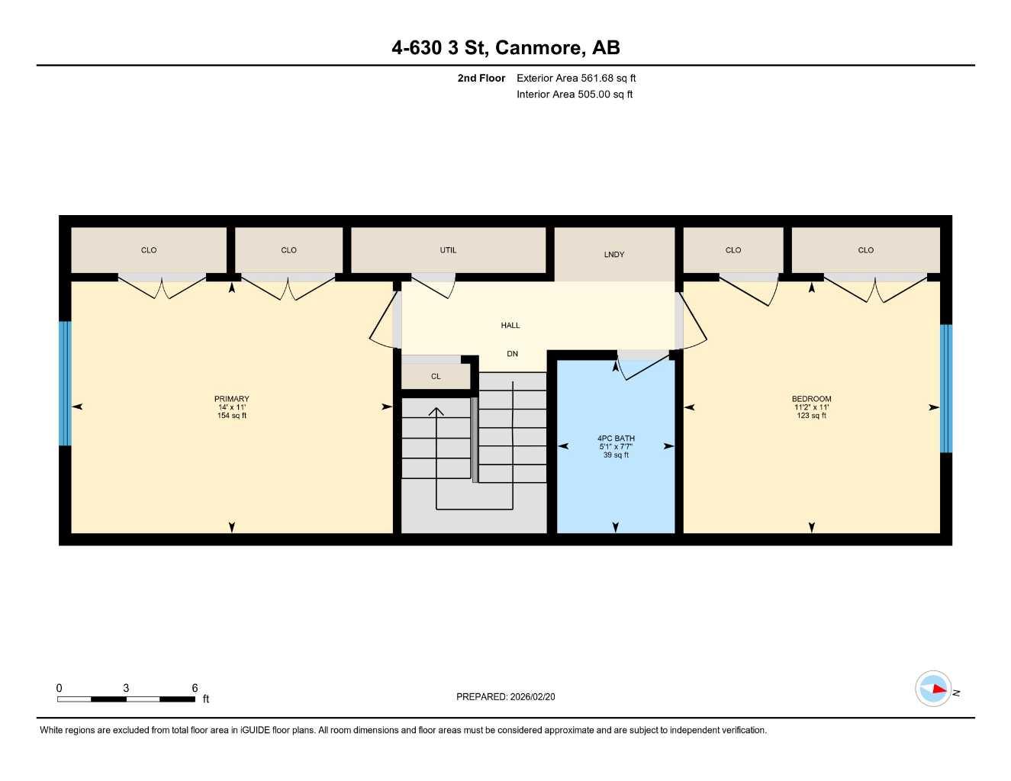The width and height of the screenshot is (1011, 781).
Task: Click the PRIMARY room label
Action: [231, 399]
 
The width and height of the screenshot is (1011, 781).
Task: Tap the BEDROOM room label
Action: [811, 399]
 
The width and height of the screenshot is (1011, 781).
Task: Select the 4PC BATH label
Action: [616, 439]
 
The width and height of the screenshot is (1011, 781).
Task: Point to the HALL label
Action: [510, 326]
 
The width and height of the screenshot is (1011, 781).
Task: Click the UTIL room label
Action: [448, 250]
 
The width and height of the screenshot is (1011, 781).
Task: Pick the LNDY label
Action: [614, 255]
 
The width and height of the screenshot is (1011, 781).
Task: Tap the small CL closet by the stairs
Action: [436, 377]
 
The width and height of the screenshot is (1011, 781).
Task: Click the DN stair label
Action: [513, 354]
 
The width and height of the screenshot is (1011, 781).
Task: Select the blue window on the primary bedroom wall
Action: [65, 383]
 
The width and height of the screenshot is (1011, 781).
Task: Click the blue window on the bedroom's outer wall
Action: [946, 388]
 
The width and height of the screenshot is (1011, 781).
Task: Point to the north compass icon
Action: [934, 689]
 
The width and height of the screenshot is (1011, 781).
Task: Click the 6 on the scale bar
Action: [195, 688]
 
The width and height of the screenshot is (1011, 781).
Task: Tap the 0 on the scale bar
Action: [60, 688]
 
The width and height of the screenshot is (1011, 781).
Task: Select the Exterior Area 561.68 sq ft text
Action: [576, 78]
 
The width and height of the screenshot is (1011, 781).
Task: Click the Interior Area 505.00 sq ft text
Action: [575, 95]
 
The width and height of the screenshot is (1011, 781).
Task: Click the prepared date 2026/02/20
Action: [533, 696]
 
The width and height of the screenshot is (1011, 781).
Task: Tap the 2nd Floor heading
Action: [481, 78]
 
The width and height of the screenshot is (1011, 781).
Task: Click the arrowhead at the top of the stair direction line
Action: [436, 412]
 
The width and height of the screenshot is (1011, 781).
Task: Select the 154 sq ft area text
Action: [232, 416]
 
